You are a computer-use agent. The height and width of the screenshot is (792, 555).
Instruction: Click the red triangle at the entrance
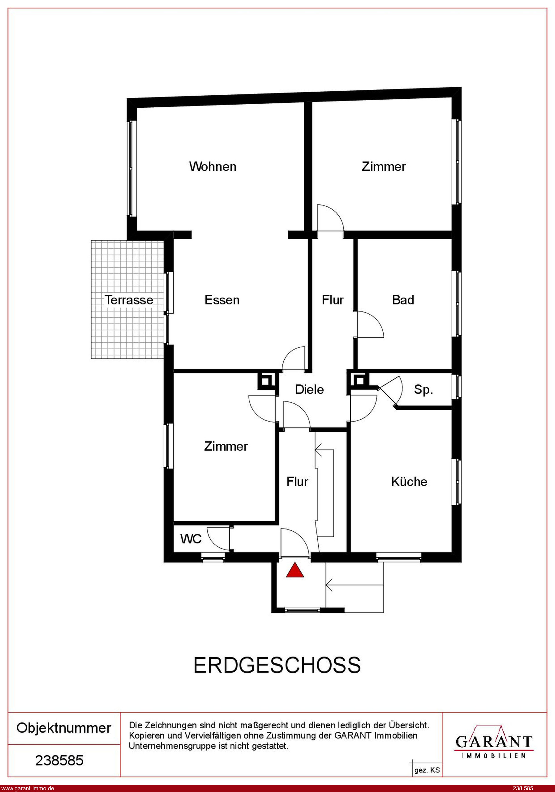pyautogui.click(x=295, y=570)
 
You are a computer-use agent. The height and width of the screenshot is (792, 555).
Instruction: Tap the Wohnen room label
pyautogui.click(x=213, y=167)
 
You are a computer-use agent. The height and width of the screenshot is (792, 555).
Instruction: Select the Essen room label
pyautogui.click(x=222, y=300)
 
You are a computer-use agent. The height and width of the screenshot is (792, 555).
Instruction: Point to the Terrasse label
pyautogui.click(x=129, y=300)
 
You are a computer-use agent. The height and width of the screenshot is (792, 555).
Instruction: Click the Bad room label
pyautogui.click(x=403, y=300)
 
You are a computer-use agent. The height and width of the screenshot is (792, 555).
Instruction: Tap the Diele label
pyautogui.click(x=309, y=389)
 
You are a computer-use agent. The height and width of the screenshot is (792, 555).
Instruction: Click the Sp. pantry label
pyautogui.click(x=423, y=390)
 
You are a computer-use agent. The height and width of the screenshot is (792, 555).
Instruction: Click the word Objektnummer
pyautogui.click(x=64, y=728)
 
